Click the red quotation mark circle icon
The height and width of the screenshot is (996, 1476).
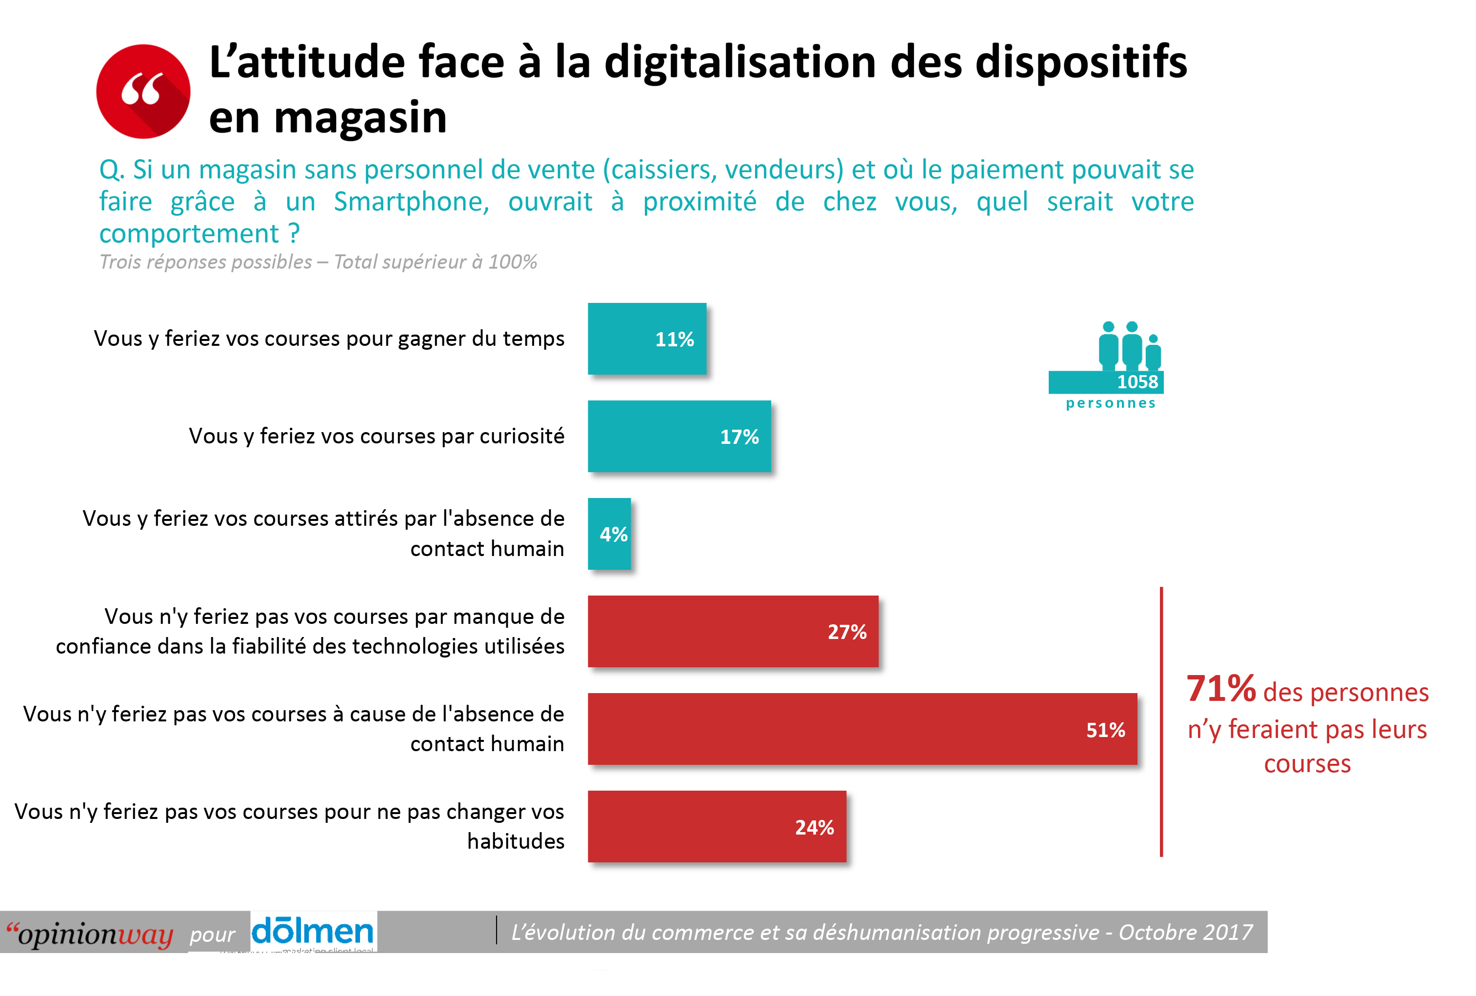tap(143, 92)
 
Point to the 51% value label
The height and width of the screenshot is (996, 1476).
tap(1105, 730)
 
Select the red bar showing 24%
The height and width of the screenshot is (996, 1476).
tap(717, 826)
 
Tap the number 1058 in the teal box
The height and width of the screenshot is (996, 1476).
tap(1137, 382)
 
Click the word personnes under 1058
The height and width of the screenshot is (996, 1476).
tap(1110, 403)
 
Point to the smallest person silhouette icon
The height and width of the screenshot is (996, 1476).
tap(1154, 353)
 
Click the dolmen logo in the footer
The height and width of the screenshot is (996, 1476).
tap(313, 931)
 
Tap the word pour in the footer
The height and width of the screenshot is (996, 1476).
tap(212, 935)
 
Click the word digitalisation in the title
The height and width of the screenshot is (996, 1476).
tap(740, 62)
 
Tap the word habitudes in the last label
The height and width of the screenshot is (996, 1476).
tap(516, 841)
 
